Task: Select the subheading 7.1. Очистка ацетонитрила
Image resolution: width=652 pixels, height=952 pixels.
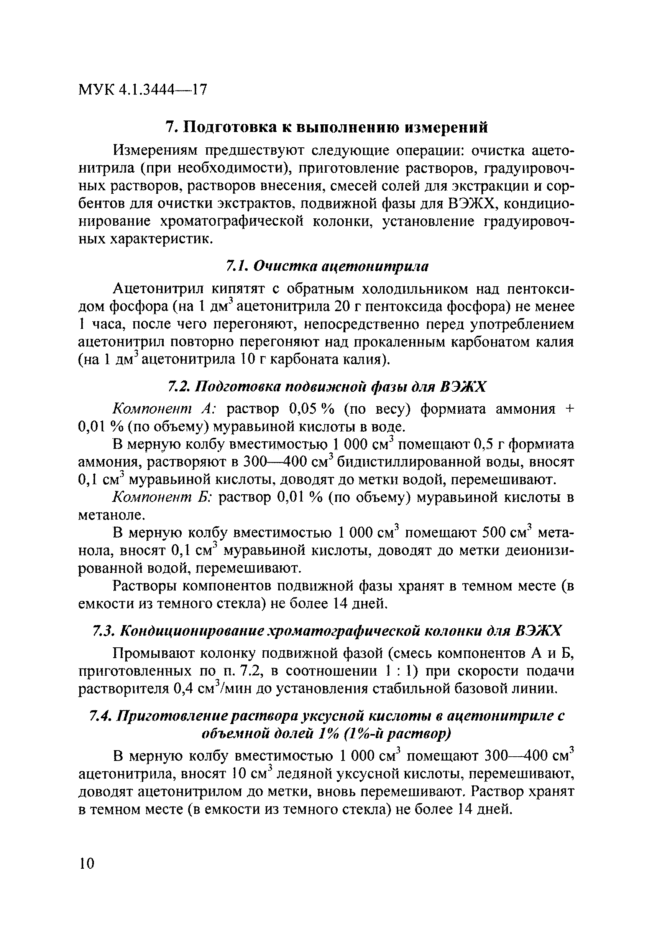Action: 327,266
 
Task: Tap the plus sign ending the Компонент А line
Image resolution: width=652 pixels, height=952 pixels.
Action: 569,409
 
